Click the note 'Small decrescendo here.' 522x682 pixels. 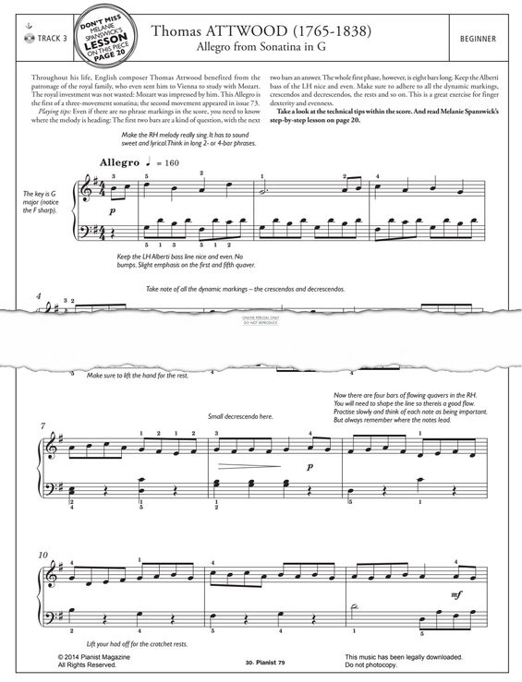[x=240, y=417]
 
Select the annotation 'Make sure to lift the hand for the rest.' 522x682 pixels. [x=142, y=376]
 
